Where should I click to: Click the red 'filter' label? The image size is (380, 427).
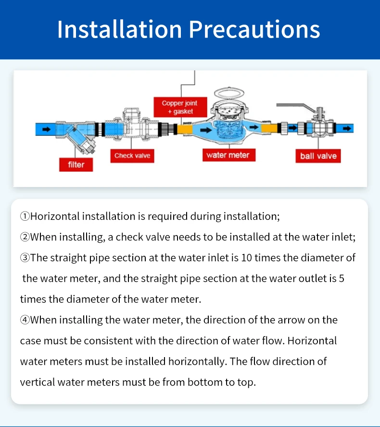pyautogui.click(x=76, y=164)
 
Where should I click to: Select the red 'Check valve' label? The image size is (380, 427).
pyautogui.click(x=132, y=155)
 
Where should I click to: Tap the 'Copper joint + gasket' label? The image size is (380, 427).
pyautogui.click(x=179, y=107)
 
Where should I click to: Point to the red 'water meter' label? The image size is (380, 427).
pyautogui.click(x=228, y=155)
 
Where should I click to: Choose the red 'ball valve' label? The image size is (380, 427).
pyautogui.click(x=318, y=156)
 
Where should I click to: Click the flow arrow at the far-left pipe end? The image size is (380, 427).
pyautogui.click(x=46, y=129)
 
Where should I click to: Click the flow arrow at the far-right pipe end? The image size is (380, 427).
pyautogui.click(x=346, y=129)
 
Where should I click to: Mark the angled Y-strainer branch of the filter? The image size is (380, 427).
pyautogui.click(x=82, y=139)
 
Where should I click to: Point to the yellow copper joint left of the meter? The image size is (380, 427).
pyautogui.click(x=185, y=129)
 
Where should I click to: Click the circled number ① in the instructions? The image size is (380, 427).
pyautogui.click(x=25, y=216)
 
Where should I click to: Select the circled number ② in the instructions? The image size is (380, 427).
pyautogui.click(x=25, y=237)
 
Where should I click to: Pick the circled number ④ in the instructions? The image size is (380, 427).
pyautogui.click(x=25, y=320)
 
